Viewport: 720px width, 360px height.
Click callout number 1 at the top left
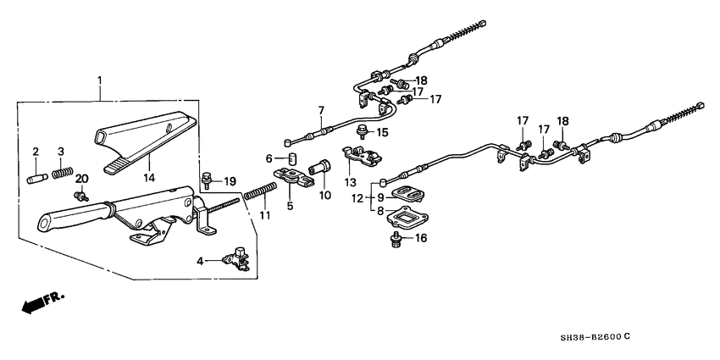tap(100, 81)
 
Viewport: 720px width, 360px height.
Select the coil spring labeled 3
tap(60, 174)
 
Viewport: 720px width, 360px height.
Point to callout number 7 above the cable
tap(321, 110)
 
